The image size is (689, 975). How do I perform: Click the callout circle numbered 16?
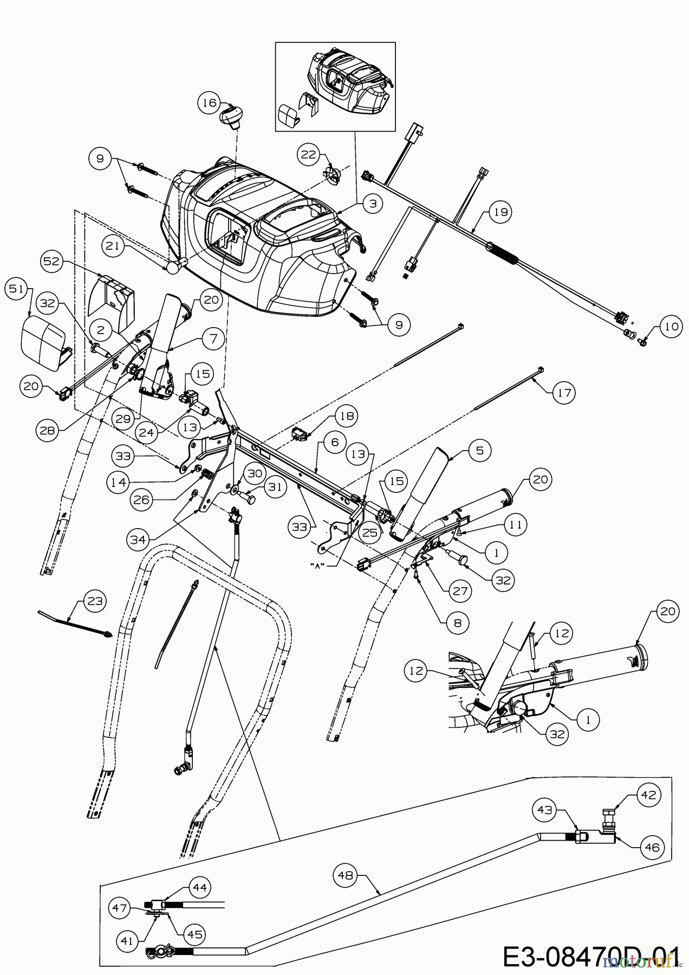[210, 103]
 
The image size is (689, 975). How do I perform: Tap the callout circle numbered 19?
[500, 212]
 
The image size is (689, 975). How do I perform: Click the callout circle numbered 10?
[671, 327]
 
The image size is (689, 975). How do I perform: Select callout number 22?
[309, 155]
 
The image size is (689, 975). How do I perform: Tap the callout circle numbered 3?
[373, 203]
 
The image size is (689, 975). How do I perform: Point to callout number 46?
[652, 847]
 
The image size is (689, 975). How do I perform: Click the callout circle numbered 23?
[96, 601]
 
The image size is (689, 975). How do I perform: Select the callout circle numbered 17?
[564, 392]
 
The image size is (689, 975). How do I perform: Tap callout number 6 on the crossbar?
[334, 442]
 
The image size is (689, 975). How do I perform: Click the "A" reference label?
[322, 565]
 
